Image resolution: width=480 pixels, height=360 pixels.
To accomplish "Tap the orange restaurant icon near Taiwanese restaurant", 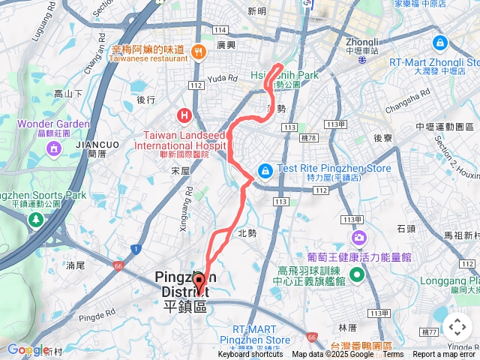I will click(x=199, y=51).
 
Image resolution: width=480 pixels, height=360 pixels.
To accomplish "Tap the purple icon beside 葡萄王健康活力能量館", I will click(x=359, y=238).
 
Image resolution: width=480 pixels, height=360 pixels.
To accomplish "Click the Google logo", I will click(x=26, y=349).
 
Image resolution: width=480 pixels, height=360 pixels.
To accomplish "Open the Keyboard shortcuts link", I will click(x=250, y=355).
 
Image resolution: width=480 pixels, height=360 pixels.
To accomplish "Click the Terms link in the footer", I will click(x=393, y=355).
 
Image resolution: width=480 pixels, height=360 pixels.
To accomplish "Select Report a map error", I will click(x=445, y=355).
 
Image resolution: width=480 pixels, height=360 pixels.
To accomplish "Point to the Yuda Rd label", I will click(x=222, y=78).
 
